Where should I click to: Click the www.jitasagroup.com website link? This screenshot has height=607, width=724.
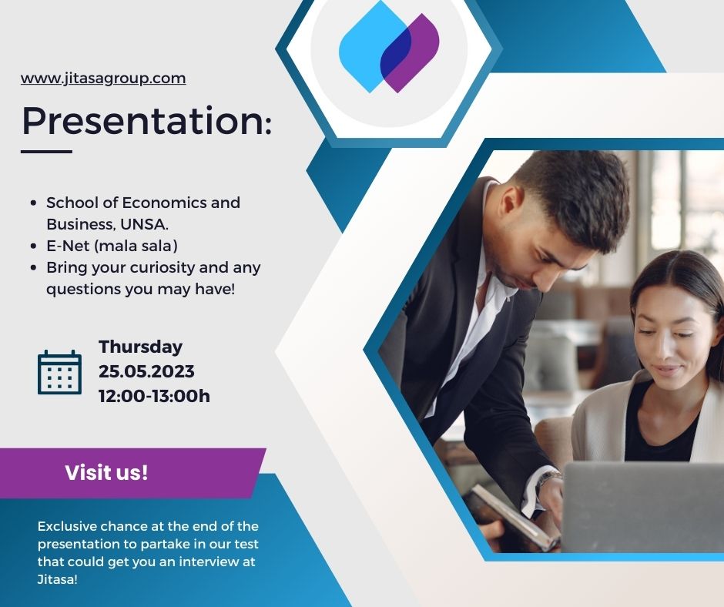click(x=103, y=79)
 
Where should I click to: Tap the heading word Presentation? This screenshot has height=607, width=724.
click(x=147, y=121)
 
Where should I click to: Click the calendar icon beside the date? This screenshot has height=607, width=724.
click(x=59, y=372)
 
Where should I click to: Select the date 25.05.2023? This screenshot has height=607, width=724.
click(x=146, y=371)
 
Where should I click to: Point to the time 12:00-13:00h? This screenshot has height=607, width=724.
click(x=154, y=396)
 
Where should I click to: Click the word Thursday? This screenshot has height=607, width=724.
click(x=140, y=347)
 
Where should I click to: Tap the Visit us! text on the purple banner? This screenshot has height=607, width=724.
click(x=106, y=472)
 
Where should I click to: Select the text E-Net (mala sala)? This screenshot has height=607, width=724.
click(x=112, y=246)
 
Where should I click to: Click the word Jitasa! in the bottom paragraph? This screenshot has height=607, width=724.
click(x=57, y=579)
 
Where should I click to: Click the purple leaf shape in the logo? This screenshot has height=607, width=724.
click(x=410, y=52)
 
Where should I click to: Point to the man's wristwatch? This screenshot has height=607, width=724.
click(x=548, y=479)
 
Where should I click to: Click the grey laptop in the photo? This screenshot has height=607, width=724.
click(x=642, y=507)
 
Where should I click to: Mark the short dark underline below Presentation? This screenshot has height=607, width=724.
click(x=47, y=151)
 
